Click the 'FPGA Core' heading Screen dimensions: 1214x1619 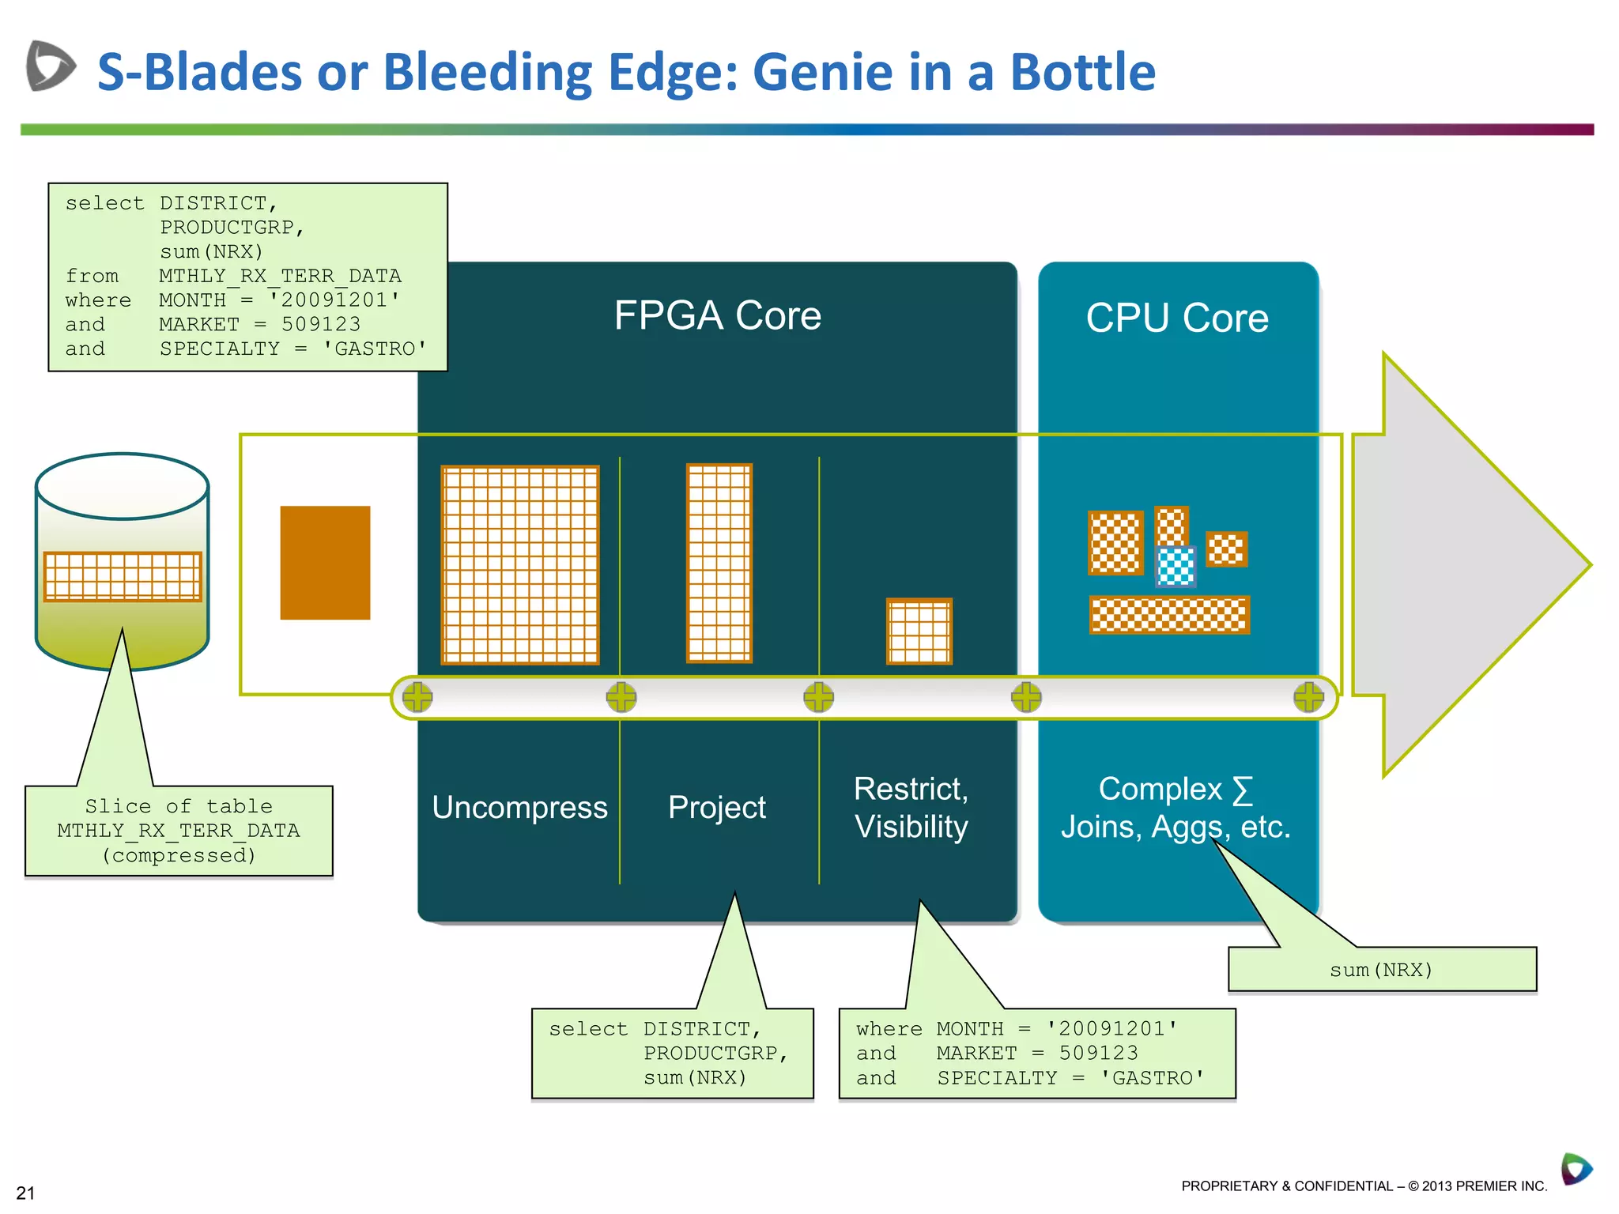tap(717, 315)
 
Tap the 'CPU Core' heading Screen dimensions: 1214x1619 tap(1176, 318)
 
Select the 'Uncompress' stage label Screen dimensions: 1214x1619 tap(519, 808)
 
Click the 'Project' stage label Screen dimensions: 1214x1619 tap(716, 808)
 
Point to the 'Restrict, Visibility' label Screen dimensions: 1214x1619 tap(911, 808)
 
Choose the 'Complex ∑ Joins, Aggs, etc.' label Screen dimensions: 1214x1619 tap(1176, 808)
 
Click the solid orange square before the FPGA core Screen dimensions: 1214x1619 tap(325, 563)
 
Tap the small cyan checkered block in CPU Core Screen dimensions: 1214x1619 tap(1176, 566)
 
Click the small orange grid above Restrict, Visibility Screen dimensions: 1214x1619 tap(919, 632)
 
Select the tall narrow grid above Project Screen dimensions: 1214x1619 tap(719, 563)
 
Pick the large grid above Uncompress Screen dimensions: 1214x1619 tap(519, 564)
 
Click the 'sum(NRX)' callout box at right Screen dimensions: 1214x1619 tap(1381, 970)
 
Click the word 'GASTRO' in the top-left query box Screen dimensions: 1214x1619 tap(375, 349)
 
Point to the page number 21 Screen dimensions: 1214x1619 tap(25, 1193)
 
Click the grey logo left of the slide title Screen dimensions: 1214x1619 tap(50, 66)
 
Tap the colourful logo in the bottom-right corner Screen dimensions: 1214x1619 tap(1576, 1169)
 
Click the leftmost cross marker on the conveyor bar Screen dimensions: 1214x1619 tap(417, 697)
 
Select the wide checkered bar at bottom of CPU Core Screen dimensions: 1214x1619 tap(1168, 615)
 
